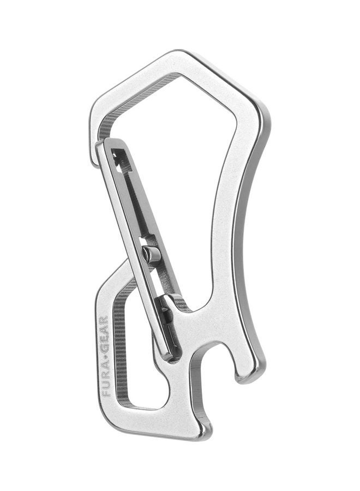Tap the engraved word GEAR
104,335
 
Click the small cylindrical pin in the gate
150,253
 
